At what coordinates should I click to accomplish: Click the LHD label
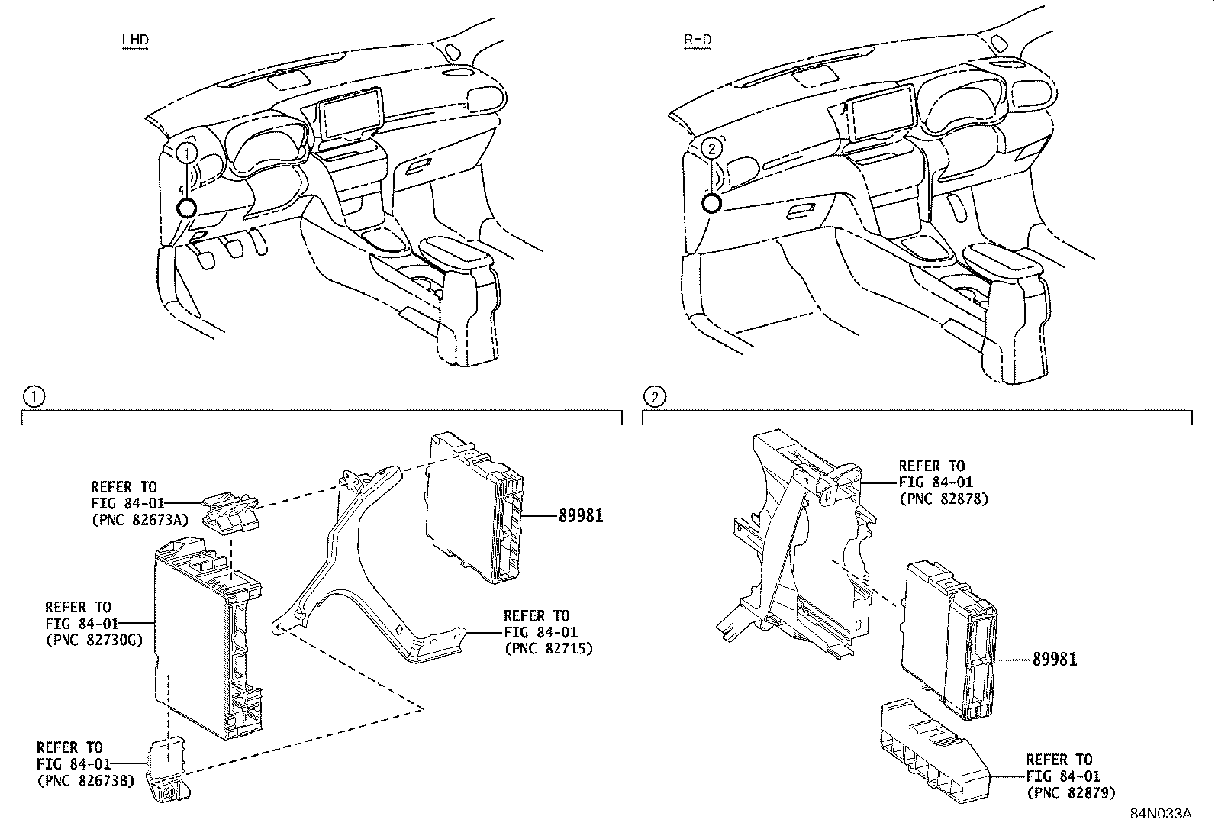pyautogui.click(x=134, y=40)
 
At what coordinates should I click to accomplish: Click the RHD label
pyautogui.click(x=698, y=40)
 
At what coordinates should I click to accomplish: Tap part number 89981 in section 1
pyautogui.click(x=580, y=516)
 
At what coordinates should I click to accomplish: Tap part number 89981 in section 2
pyautogui.click(x=1054, y=659)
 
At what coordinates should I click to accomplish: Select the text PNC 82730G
pyautogui.click(x=95, y=641)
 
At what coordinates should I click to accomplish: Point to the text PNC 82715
pyautogui.click(x=548, y=649)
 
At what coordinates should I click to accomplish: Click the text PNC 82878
pyautogui.click(x=943, y=499)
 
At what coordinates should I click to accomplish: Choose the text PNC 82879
pyautogui.click(x=1070, y=793)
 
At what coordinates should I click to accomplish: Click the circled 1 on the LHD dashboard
pyautogui.click(x=185, y=153)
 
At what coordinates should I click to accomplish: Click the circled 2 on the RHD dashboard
pyautogui.click(x=711, y=148)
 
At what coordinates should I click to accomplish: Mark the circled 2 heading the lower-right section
pyautogui.click(x=655, y=396)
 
